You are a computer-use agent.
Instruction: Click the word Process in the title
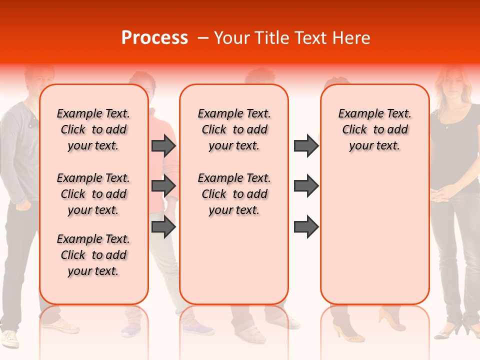(154, 38)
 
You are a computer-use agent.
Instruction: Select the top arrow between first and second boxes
(163, 145)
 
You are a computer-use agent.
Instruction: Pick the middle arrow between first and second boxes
(163, 186)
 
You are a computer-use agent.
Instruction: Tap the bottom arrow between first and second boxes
(163, 226)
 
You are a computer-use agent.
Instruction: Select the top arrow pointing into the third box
(306, 145)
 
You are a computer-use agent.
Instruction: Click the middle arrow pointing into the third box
(306, 186)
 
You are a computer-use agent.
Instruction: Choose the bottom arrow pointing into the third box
(306, 226)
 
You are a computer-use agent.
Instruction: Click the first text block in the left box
(93, 129)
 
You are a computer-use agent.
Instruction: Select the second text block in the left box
(93, 194)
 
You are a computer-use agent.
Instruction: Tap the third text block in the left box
(93, 255)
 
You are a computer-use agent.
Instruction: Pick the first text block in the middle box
(234, 129)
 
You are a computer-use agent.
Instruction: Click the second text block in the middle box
(234, 194)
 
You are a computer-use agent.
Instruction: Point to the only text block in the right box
(375, 129)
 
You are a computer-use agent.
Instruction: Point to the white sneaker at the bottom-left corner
(10, 338)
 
